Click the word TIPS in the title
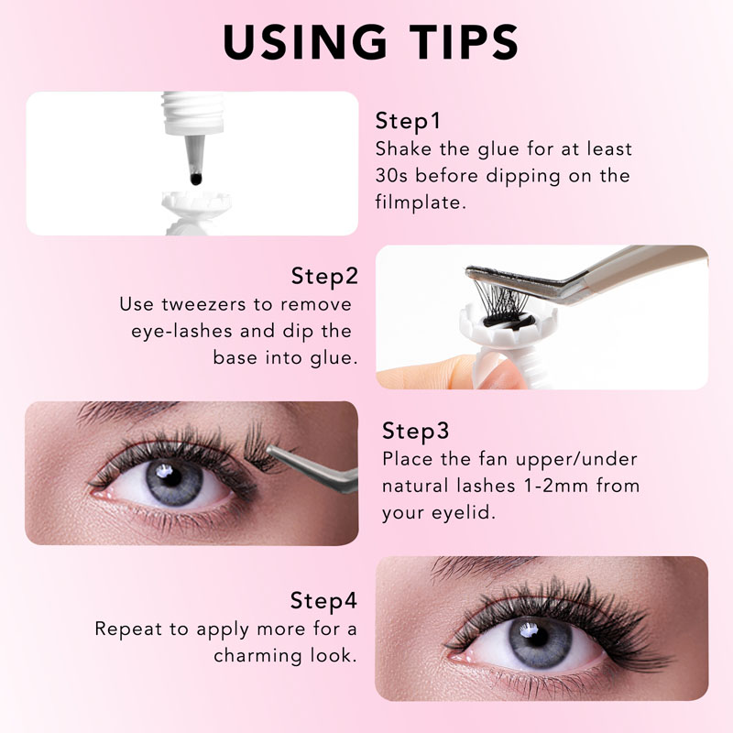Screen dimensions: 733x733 tap(465, 42)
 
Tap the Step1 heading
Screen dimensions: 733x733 tap(408, 121)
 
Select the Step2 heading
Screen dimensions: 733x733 tap(324, 277)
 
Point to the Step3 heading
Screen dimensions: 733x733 tap(415, 431)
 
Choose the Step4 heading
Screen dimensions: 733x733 tap(323, 601)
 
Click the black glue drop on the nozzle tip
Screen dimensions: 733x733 tap(196, 179)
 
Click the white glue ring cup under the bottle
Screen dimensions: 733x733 tap(196, 204)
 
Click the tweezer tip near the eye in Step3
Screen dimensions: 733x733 tap(271, 450)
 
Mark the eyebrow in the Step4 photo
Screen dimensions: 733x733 tap(482, 566)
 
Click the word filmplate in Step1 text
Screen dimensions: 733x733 tap(421, 202)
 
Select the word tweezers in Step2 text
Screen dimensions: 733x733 tap(203, 305)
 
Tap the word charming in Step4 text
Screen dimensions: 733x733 tap(258, 656)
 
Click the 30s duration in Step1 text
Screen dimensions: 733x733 tap(391, 176)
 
